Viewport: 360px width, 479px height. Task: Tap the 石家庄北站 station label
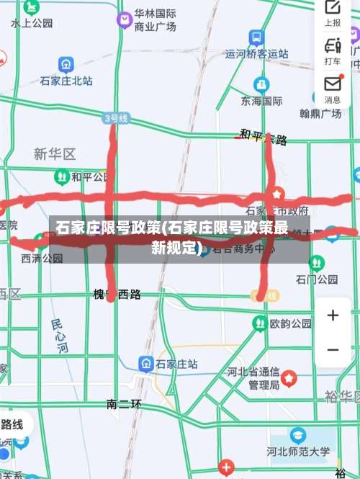click(x=66, y=81)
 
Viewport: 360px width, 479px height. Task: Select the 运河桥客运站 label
click(x=256, y=53)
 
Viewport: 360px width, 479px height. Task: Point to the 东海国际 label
click(x=262, y=101)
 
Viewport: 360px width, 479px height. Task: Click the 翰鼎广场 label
click(x=320, y=113)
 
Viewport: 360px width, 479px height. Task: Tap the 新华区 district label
click(x=55, y=154)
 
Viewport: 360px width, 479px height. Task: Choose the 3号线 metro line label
click(x=116, y=117)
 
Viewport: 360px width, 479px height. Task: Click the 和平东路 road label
click(x=264, y=137)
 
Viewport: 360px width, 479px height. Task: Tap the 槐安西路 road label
click(x=117, y=294)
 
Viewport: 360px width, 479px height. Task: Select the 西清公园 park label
click(x=42, y=258)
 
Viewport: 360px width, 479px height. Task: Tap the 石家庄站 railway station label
click(x=177, y=364)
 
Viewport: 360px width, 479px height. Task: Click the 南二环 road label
click(x=124, y=404)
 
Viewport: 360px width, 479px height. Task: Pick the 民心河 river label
click(x=60, y=336)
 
